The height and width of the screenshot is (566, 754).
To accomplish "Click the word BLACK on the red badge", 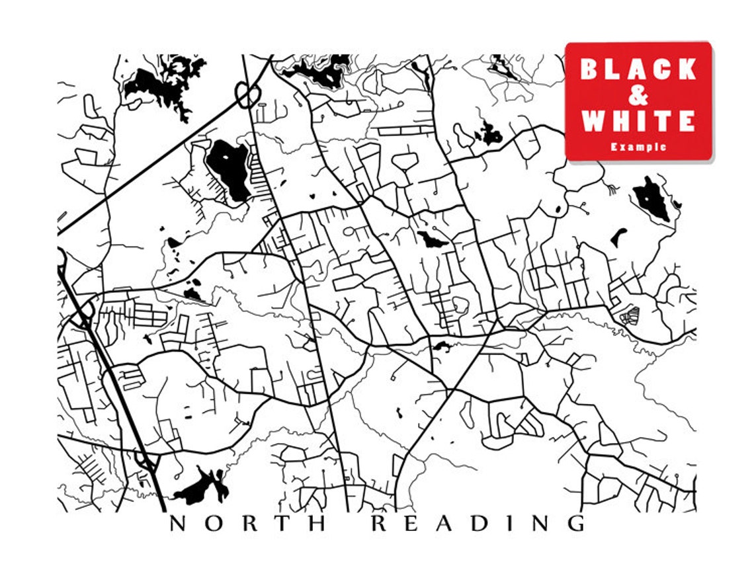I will tap(638, 69).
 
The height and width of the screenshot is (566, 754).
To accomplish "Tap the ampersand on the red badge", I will tap(638, 95).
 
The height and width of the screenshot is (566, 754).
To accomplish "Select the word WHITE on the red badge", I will tap(638, 121).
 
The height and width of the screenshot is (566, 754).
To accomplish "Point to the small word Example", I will tap(638, 147).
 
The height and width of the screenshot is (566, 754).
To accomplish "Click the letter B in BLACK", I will tap(589, 69).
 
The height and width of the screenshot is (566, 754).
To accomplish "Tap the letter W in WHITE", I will tap(593, 121).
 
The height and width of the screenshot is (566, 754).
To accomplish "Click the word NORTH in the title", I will tap(247, 524).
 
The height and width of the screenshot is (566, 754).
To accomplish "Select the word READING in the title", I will tap(478, 524).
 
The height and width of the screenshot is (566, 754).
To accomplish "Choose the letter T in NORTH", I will tap(283, 524).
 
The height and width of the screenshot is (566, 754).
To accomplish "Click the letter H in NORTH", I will tap(318, 524).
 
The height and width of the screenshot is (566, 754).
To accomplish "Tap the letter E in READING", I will tap(413, 524).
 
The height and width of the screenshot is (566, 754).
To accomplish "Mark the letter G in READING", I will tap(575, 524).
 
